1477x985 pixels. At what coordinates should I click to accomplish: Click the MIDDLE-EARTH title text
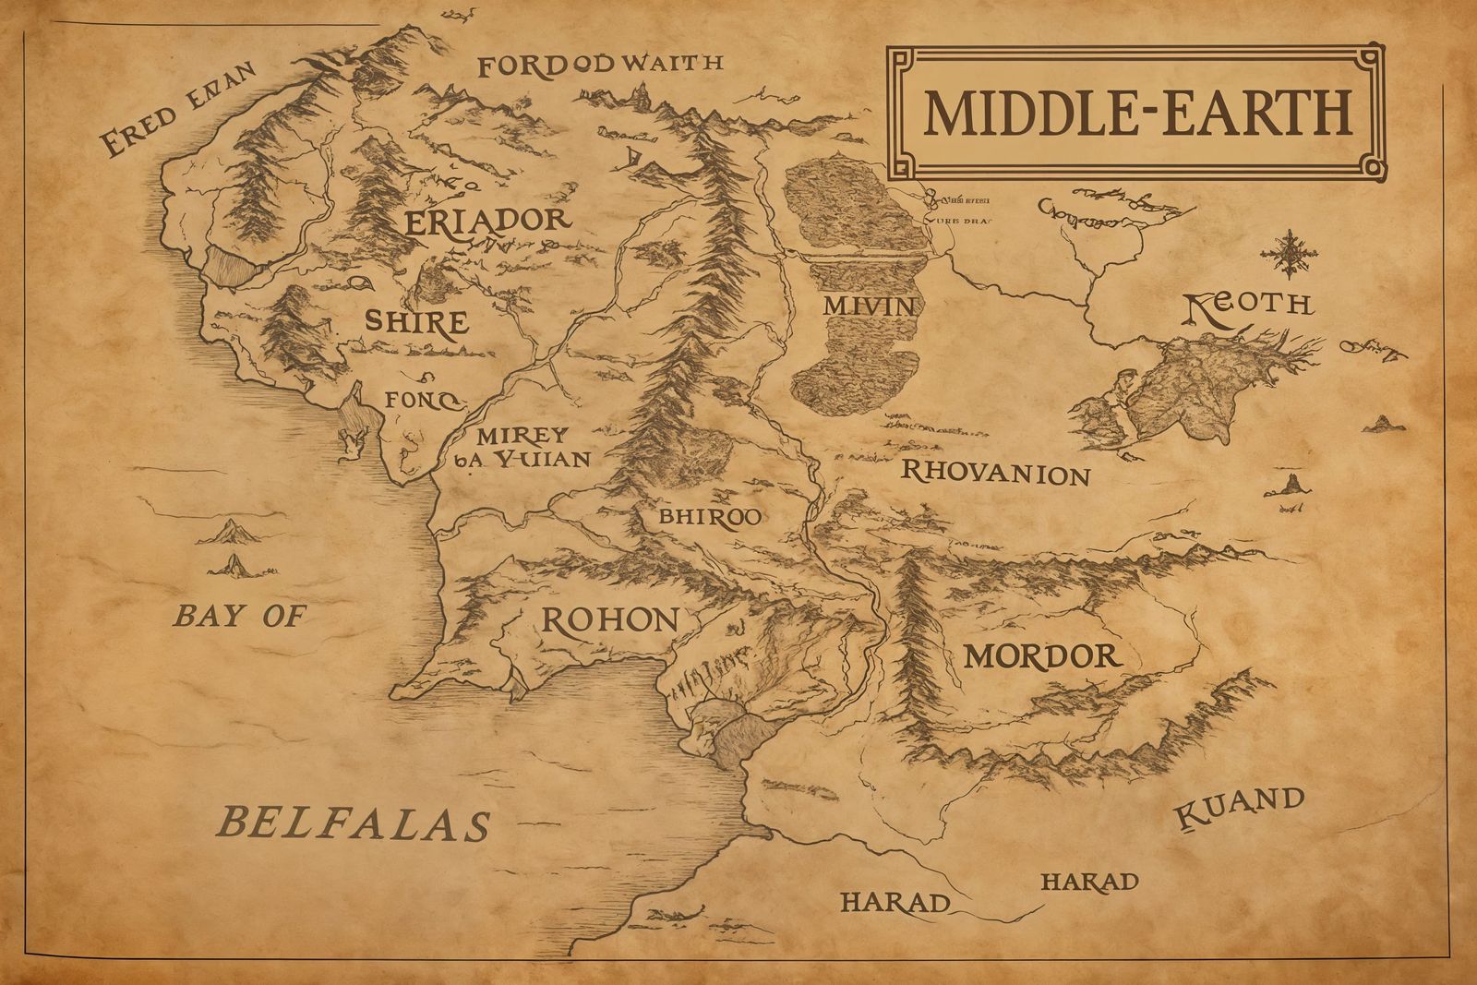point(1136,112)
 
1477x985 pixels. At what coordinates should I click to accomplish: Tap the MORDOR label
point(1042,656)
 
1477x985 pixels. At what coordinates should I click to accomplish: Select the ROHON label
point(609,620)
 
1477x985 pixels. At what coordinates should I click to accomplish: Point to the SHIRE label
point(415,323)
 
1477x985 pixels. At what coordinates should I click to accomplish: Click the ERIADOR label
point(486,222)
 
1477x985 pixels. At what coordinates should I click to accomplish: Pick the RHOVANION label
point(995,474)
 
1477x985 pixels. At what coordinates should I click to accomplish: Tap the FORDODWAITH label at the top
point(600,65)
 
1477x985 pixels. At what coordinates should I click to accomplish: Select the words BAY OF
point(239,616)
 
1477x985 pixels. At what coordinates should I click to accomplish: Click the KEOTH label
point(1247,306)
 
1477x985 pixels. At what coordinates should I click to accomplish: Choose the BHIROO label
point(709,517)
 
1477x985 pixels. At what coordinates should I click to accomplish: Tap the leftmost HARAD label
point(895,902)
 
